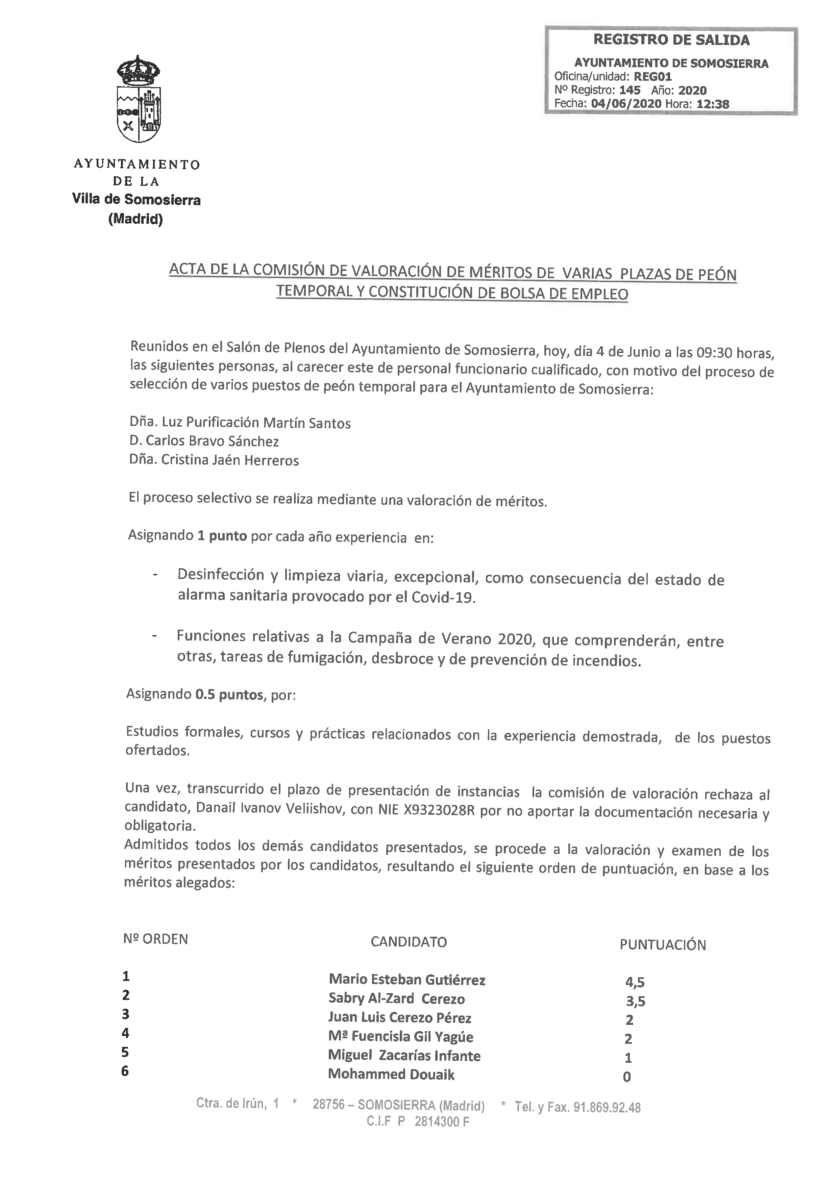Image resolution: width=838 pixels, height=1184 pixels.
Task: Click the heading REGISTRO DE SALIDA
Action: coord(671,40)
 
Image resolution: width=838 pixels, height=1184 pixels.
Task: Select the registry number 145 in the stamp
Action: coord(630,90)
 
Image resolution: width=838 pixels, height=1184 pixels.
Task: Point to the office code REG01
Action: coord(653,77)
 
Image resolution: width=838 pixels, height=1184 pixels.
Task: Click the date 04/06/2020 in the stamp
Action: coord(626,104)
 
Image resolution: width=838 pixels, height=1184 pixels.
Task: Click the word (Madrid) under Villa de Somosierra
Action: coord(135,220)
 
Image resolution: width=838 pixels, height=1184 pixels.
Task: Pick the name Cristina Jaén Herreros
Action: coord(230,460)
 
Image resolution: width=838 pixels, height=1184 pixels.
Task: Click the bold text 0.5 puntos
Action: coord(229,695)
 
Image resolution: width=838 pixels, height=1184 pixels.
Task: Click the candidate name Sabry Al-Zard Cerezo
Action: coord(396,999)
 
